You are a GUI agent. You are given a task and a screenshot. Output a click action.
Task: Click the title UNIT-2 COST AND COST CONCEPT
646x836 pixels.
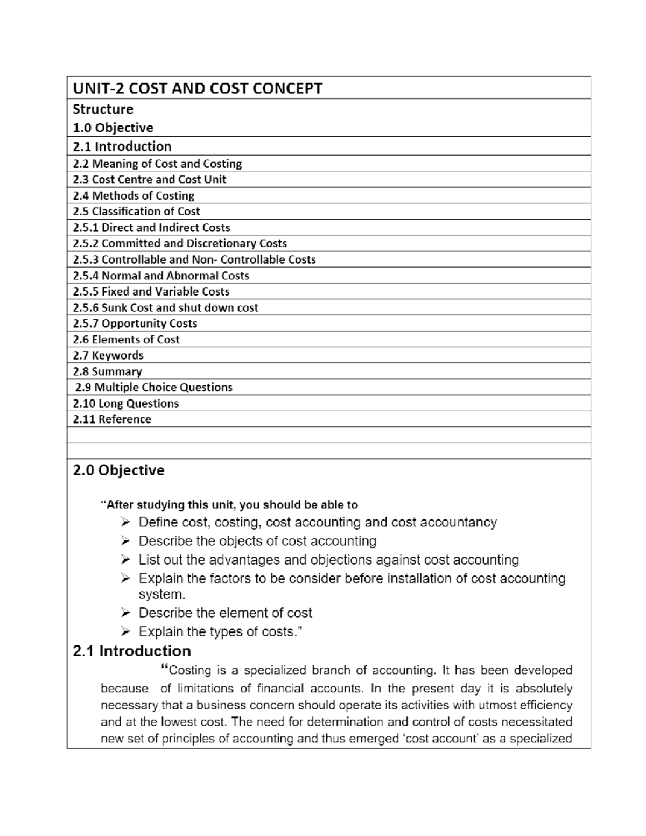pos(198,88)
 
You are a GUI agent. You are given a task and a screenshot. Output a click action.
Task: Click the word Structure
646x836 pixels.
pos(103,109)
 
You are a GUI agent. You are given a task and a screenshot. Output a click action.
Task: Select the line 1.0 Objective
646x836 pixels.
pos(113,128)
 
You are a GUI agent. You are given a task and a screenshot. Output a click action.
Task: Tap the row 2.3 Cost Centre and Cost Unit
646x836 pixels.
pos(149,179)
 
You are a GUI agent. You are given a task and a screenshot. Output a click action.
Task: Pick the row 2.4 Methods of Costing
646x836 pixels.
pos(134,195)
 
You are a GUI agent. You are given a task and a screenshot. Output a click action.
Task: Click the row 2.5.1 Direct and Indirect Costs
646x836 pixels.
pos(151,227)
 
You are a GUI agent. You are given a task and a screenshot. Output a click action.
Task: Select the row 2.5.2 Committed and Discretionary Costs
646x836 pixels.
pos(180,243)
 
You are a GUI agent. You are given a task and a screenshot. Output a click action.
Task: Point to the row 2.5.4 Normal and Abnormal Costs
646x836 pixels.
pos(161,276)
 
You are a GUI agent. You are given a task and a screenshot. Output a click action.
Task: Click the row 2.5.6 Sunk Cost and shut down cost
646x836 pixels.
pos(165,307)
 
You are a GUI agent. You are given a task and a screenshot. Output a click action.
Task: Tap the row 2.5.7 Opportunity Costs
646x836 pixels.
pos(135,324)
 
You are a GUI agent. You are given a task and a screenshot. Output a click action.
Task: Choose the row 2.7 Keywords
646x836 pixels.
pos(108,355)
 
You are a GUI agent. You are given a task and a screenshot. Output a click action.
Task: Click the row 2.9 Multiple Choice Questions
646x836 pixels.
pos(153,387)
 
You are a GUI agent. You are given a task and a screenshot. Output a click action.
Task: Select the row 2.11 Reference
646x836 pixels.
pos(112,419)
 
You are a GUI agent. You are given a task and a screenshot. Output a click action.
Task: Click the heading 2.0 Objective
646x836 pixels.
pos(118,470)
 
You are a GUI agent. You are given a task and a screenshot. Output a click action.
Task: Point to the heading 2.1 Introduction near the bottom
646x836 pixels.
pos(132,651)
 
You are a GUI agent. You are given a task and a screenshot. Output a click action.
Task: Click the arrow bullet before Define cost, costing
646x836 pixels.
pos(125,522)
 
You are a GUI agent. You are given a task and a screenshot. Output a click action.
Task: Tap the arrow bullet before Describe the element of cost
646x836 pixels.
pos(125,613)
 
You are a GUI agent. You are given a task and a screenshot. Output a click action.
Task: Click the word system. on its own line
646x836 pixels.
pos(161,595)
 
